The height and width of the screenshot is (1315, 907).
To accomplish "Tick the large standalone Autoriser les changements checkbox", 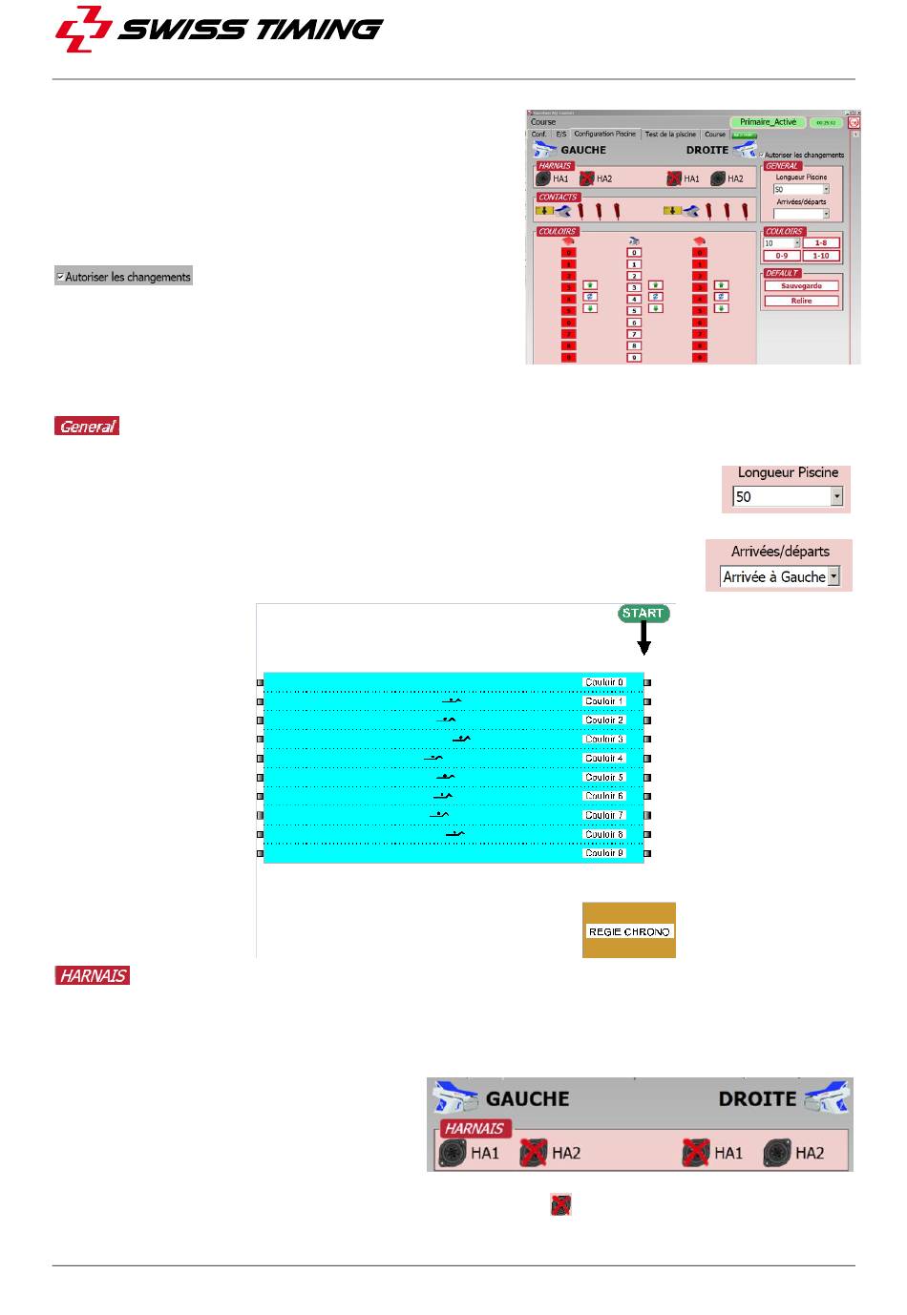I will (60, 278).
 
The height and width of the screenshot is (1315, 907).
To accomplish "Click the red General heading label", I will (87, 427).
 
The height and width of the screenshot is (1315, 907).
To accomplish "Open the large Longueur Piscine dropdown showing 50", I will (836, 497).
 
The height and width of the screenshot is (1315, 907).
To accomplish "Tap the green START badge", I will (643, 614).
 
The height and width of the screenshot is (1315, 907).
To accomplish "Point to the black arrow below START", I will (643, 638).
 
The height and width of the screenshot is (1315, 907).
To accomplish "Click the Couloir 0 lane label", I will (604, 682).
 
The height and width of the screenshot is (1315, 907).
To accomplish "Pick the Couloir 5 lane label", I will (604, 777).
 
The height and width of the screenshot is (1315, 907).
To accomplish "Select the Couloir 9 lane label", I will (604, 853).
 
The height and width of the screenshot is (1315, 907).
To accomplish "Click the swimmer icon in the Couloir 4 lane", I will (433, 758).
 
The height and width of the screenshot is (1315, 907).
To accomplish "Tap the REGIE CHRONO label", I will (629, 931).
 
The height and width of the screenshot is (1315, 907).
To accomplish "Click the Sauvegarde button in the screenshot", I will (801, 286).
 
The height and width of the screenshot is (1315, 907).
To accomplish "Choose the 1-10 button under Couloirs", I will (820, 256).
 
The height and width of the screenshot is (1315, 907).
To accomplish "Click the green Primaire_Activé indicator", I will (768, 122).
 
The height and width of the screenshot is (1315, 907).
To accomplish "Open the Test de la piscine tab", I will (670, 135).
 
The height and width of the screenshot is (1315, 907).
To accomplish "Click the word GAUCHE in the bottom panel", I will (527, 1099).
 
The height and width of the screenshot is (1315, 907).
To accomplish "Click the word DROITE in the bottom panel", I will (757, 1099).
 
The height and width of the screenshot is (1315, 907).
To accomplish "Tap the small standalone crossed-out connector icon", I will (560, 1205).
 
